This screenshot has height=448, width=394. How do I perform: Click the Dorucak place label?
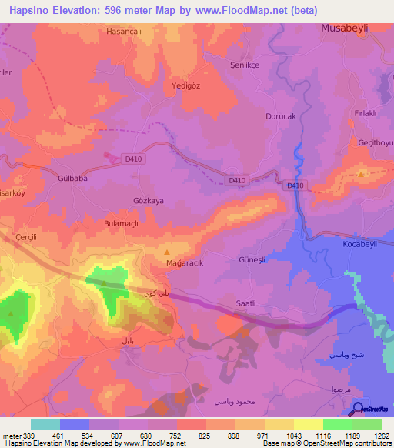pos(280,117)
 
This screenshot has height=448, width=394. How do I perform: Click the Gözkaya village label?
pos(149,200)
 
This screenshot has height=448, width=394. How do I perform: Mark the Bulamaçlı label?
pos(120,222)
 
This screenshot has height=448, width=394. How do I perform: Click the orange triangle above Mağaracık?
pos(168,252)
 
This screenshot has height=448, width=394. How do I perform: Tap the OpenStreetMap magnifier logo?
pos(356,409)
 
